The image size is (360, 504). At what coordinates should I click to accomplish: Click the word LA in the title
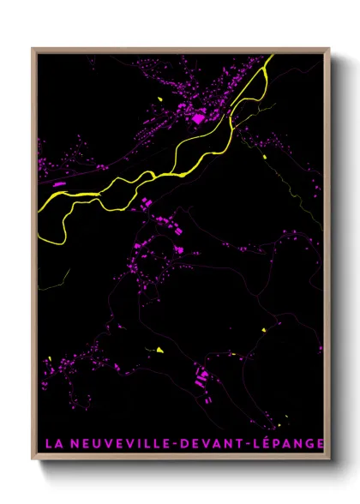point(52,443)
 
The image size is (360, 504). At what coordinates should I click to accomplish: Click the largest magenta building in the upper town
point(198,117)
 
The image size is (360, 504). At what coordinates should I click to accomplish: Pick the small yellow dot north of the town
point(160,99)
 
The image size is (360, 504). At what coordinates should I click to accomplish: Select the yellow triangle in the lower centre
point(159,349)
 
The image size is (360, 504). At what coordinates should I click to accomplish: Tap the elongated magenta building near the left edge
point(59,183)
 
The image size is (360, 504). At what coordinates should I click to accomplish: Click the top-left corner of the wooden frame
point(33,49)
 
